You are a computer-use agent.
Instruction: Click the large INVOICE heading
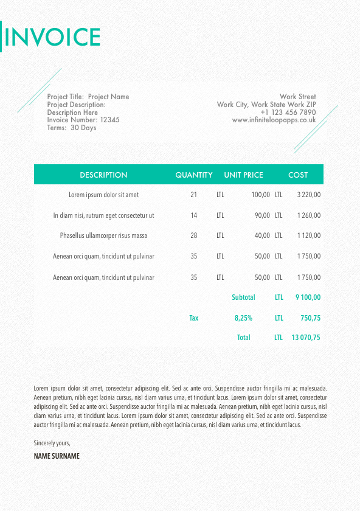coord(52,37)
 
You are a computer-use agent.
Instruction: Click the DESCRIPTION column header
coord(103,175)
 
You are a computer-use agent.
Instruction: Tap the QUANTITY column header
coord(194,175)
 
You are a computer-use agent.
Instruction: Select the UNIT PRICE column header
coord(244,175)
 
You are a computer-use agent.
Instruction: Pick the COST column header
coord(298,175)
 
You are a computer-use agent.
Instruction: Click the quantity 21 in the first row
coord(194,195)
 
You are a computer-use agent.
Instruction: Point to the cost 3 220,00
coord(308,195)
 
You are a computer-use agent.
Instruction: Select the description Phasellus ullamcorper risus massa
coord(103,236)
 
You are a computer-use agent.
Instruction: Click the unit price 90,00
coord(262,215)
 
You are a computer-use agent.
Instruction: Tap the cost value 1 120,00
coord(308,236)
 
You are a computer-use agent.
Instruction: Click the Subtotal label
coord(243,297)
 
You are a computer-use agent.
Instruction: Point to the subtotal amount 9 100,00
coord(308,297)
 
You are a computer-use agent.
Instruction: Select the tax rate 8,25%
coord(243,318)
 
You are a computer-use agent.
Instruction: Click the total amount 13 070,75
coord(306,338)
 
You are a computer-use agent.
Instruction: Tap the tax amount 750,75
coord(310,318)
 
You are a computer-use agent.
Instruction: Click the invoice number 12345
coord(109,120)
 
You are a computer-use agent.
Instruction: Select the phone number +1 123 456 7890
coord(288,113)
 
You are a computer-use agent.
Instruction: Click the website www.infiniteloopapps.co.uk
coord(274,120)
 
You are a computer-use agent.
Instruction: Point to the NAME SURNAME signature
coord(57,456)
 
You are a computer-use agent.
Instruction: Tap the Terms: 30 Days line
coord(72,128)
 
